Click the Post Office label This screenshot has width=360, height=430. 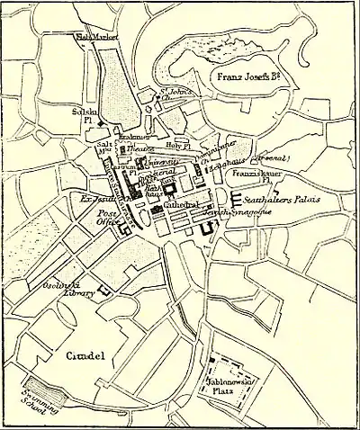[110, 220]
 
